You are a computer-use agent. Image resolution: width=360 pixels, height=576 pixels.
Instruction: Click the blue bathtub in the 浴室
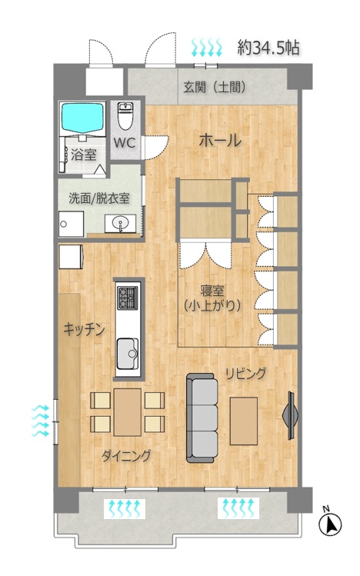pos(83,117)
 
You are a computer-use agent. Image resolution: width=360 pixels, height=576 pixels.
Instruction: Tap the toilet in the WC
pos(125,115)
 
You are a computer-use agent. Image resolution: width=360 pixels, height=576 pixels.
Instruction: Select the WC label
pos(125,142)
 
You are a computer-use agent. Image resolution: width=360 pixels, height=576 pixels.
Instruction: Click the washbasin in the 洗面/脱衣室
pos(120,223)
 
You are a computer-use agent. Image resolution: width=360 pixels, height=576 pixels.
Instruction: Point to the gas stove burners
pos(127,297)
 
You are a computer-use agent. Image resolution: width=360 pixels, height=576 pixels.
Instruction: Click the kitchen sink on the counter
pos(128,354)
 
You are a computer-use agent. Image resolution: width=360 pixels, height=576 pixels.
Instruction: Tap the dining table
pos(128,411)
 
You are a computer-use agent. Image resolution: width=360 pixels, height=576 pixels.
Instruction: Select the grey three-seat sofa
pos(202,418)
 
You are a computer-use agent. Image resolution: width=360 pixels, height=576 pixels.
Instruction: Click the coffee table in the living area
pos(244,421)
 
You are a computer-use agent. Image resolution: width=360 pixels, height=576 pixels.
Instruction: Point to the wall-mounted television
pos(290,415)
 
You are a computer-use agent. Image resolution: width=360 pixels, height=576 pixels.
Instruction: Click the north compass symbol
pos(330,523)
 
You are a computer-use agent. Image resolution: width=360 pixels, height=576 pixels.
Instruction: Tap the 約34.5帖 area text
pos(268,48)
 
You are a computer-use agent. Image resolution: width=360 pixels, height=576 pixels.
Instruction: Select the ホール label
pos(220,140)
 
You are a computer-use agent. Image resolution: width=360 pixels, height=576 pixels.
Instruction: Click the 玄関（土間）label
pos(215,88)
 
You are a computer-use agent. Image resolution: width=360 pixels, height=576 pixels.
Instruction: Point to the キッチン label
pos(84,329)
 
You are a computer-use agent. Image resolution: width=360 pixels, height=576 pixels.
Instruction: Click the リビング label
pos(245,374)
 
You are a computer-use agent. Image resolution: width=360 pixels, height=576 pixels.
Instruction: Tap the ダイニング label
pos(126,455)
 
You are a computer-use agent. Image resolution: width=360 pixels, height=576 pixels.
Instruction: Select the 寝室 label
pos(212,291)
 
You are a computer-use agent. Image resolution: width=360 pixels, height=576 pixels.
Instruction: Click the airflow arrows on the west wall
pos(40,421)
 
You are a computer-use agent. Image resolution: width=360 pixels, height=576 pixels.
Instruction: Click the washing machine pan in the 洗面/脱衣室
pos(72,224)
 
